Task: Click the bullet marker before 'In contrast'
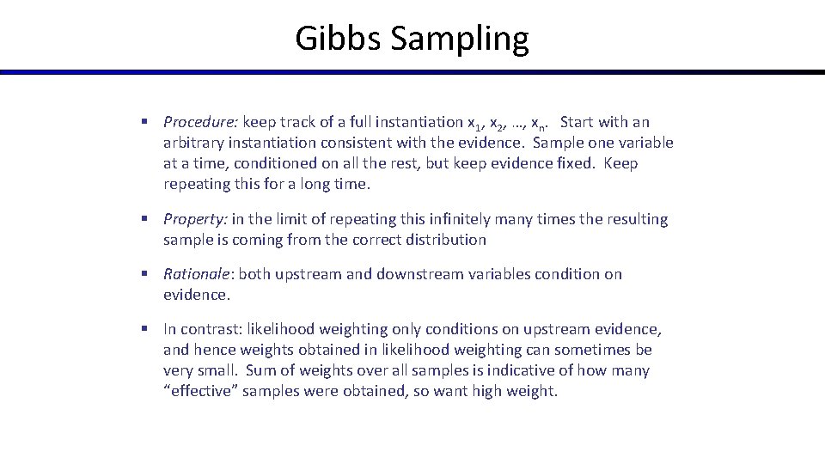[147, 329]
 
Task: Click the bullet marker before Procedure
[147, 122]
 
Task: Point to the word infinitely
[443, 219]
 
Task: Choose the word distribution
[443, 240]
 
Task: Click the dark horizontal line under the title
[412, 72]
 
